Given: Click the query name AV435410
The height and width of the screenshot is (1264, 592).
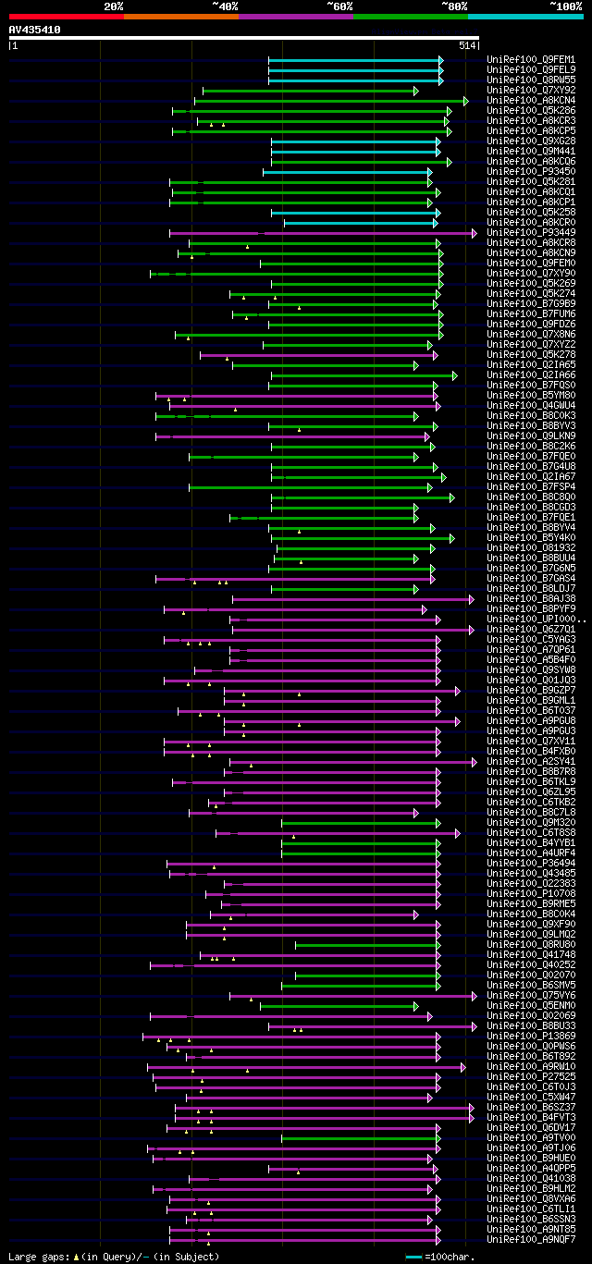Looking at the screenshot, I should (35, 30).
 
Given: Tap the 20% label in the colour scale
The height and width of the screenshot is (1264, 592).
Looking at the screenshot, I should (114, 6).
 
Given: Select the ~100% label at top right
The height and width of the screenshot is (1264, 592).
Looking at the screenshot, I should (565, 6).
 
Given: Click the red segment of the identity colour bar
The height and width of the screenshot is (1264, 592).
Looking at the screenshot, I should (66, 16).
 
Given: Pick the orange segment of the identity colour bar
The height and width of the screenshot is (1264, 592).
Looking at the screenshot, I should (180, 16).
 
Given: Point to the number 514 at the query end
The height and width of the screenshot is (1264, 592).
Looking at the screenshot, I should (466, 44).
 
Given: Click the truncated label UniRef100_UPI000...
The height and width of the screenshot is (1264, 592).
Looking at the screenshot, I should (535, 620).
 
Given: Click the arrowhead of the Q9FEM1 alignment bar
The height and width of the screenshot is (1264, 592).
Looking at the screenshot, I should (441, 60).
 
